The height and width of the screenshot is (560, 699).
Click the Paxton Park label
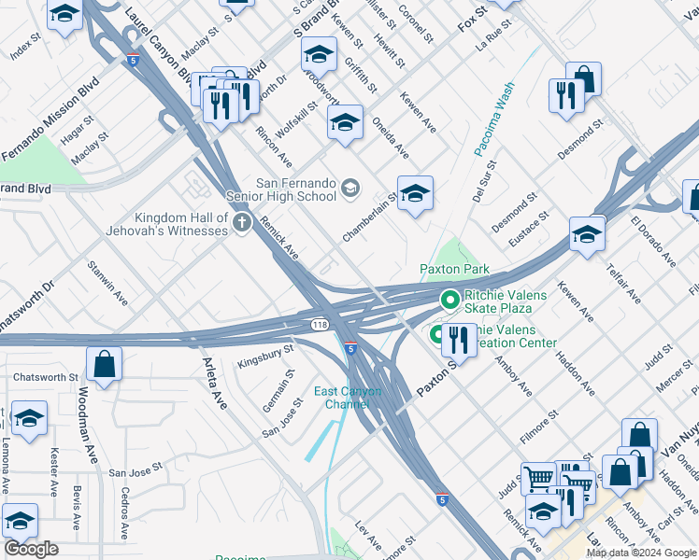point(454,269)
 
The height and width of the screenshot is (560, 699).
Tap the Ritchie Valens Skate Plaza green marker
point(449,300)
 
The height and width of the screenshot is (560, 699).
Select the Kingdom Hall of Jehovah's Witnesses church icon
point(243,222)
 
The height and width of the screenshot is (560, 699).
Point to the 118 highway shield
point(319,322)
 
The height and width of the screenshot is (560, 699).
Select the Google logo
point(31,549)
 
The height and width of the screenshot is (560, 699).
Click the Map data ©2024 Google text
point(640,553)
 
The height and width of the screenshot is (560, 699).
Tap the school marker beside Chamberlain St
point(415,192)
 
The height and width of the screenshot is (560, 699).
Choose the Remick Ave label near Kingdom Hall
point(279,238)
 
